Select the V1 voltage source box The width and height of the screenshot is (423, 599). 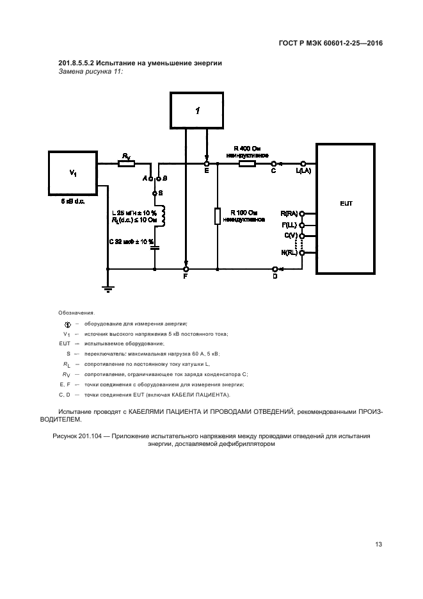(73, 173)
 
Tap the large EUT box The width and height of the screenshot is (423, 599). (346, 208)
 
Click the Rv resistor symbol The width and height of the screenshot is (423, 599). (126, 163)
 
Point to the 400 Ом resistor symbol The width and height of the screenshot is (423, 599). (247, 163)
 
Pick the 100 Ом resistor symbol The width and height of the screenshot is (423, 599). (218, 216)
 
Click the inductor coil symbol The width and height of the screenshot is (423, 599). (163, 216)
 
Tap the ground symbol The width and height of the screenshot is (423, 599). (108, 290)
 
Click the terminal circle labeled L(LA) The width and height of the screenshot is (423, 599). (303, 163)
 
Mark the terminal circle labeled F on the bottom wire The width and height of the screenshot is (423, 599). (186, 269)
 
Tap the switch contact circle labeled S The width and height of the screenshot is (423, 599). (155, 192)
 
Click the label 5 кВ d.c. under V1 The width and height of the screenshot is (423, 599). (72, 202)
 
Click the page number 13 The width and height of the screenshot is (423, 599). (378, 545)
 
